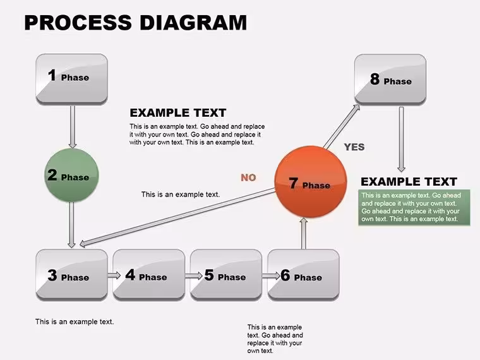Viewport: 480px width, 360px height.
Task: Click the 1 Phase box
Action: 71,79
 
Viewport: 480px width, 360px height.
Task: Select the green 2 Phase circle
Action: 71,175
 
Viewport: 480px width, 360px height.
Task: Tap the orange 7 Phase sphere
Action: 311,182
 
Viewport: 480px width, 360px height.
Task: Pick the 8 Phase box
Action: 390,80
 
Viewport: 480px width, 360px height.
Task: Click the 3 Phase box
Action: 71,275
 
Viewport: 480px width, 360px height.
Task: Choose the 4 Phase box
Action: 149,275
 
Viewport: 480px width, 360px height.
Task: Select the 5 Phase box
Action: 226,275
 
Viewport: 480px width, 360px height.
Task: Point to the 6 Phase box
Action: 303,275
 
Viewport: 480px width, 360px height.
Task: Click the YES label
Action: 354,147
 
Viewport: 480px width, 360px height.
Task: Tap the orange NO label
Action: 248,177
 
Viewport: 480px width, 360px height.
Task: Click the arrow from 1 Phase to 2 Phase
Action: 73,127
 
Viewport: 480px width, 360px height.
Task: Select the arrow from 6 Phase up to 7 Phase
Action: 303,233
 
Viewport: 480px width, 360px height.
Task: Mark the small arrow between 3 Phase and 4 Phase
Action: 114,275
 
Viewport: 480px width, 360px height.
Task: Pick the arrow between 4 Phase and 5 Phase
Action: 194,275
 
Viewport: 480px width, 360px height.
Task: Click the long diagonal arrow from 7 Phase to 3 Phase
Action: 177,217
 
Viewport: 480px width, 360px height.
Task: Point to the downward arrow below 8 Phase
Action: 401,140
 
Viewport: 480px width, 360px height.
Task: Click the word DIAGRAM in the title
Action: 193,22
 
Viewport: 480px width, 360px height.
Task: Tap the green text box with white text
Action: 414,207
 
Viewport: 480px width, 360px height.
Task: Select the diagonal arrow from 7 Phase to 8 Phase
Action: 342,126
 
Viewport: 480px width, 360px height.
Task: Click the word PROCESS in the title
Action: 78,22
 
